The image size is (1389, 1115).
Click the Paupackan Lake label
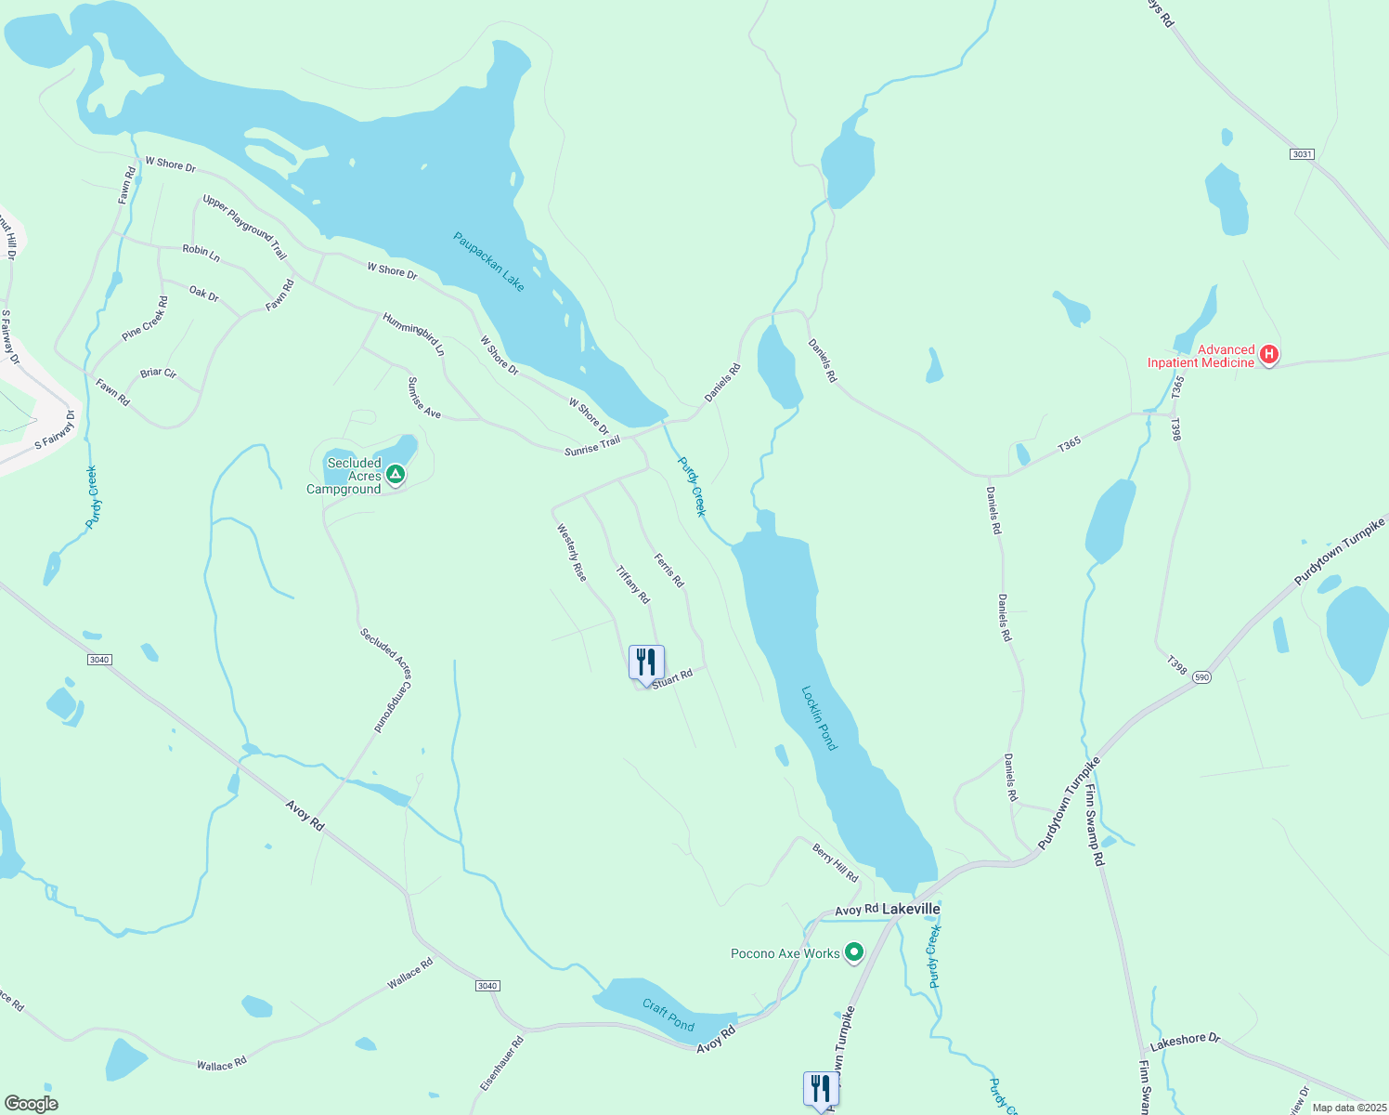pyautogui.click(x=488, y=261)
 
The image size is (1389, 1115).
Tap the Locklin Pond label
pyautogui.click(x=819, y=718)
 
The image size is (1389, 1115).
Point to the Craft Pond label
pyautogui.click(x=669, y=1015)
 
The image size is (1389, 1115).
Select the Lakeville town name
pyautogui.click(x=911, y=909)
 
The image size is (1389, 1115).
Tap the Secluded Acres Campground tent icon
pyautogui.click(x=396, y=476)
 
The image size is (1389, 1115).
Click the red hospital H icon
pyautogui.click(x=1268, y=354)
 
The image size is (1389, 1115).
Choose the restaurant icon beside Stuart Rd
pyautogui.click(x=646, y=662)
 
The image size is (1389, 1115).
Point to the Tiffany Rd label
pyautogui.click(x=632, y=584)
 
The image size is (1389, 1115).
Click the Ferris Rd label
pyautogui.click(x=669, y=571)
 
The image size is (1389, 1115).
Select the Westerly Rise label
pyautogui.click(x=572, y=553)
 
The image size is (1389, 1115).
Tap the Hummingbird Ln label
pyautogui.click(x=414, y=334)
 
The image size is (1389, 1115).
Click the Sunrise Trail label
pyautogui.click(x=592, y=446)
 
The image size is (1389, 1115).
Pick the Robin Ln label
pyautogui.click(x=201, y=252)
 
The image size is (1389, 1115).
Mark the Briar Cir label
pyautogui.click(x=158, y=374)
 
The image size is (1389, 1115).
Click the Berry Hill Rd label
pyautogui.click(x=836, y=863)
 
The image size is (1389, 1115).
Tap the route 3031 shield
pyautogui.click(x=1303, y=154)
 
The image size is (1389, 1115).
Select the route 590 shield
pyautogui.click(x=1202, y=676)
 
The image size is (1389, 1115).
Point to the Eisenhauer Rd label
pyautogui.click(x=502, y=1064)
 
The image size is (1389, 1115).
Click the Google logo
pyautogui.click(x=31, y=1104)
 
